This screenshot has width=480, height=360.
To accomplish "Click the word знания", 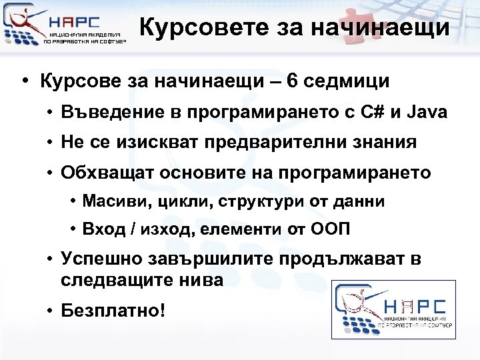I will pyautogui.click(x=385, y=142).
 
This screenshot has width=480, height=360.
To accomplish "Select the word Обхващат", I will pyautogui.click(x=99, y=172).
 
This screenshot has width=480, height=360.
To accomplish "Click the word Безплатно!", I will pyautogui.click(x=112, y=310).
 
